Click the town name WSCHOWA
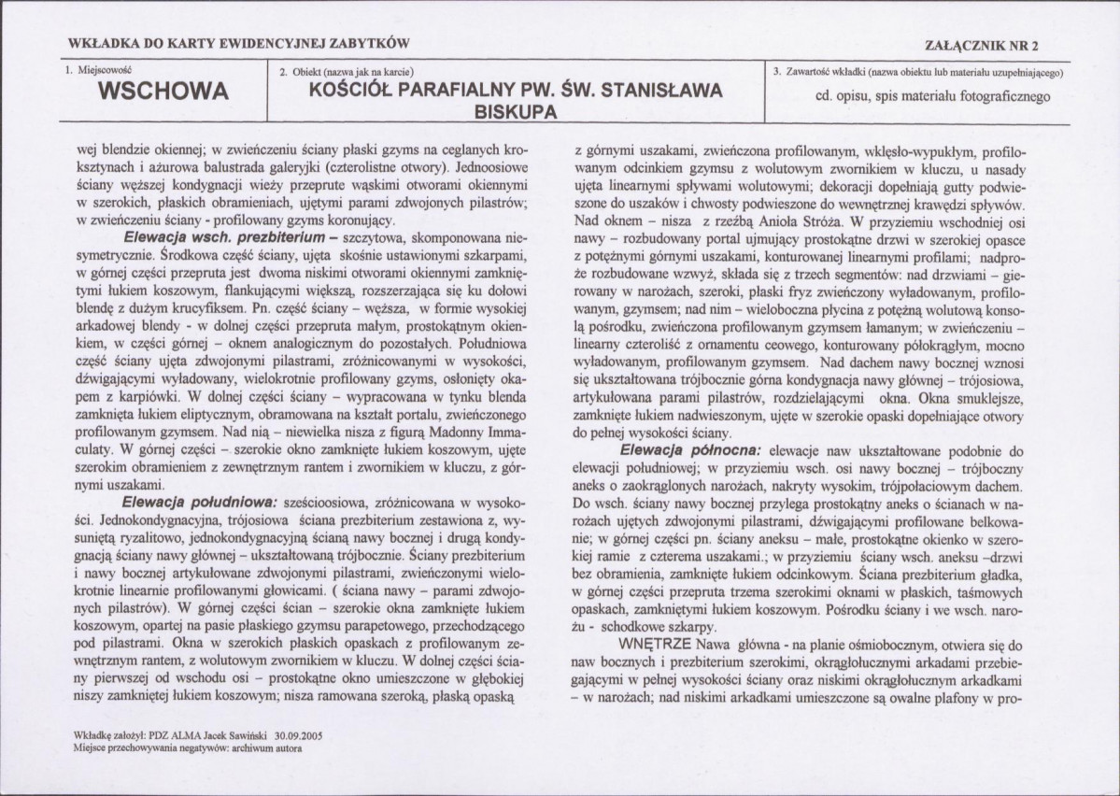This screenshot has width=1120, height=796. [163, 92]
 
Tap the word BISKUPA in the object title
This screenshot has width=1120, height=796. [513, 111]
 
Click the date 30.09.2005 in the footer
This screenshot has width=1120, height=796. [294, 735]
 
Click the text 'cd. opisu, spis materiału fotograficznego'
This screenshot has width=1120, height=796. [920, 95]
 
